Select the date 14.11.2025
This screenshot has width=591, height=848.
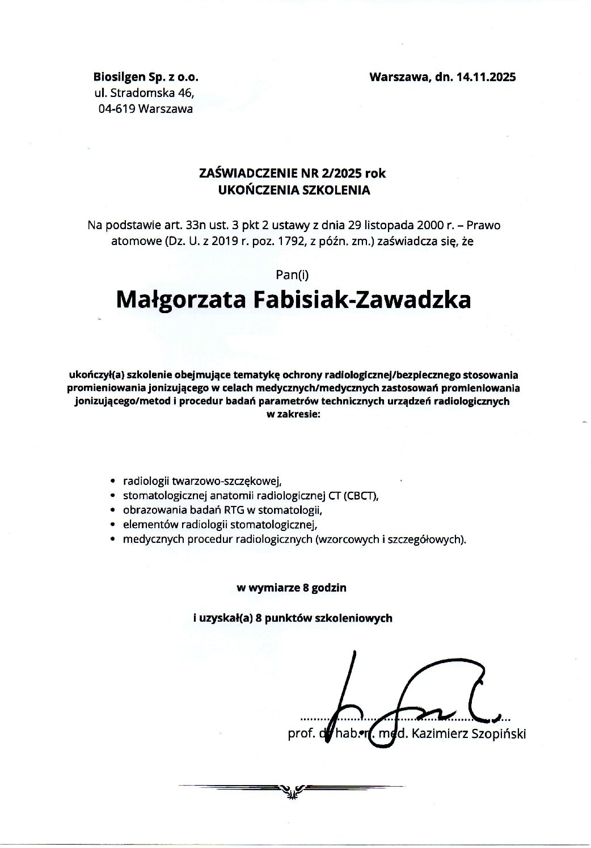[486, 77]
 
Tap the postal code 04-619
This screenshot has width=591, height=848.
[116, 109]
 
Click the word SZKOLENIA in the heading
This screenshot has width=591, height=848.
[336, 190]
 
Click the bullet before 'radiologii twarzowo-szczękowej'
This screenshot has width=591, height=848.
[113, 481]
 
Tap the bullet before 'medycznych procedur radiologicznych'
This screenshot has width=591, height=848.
[113, 539]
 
